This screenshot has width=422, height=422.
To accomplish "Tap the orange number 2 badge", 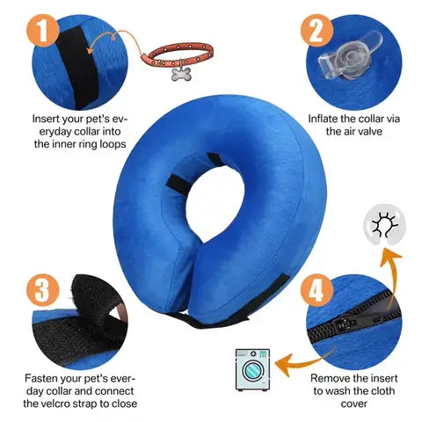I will point(314,33).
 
